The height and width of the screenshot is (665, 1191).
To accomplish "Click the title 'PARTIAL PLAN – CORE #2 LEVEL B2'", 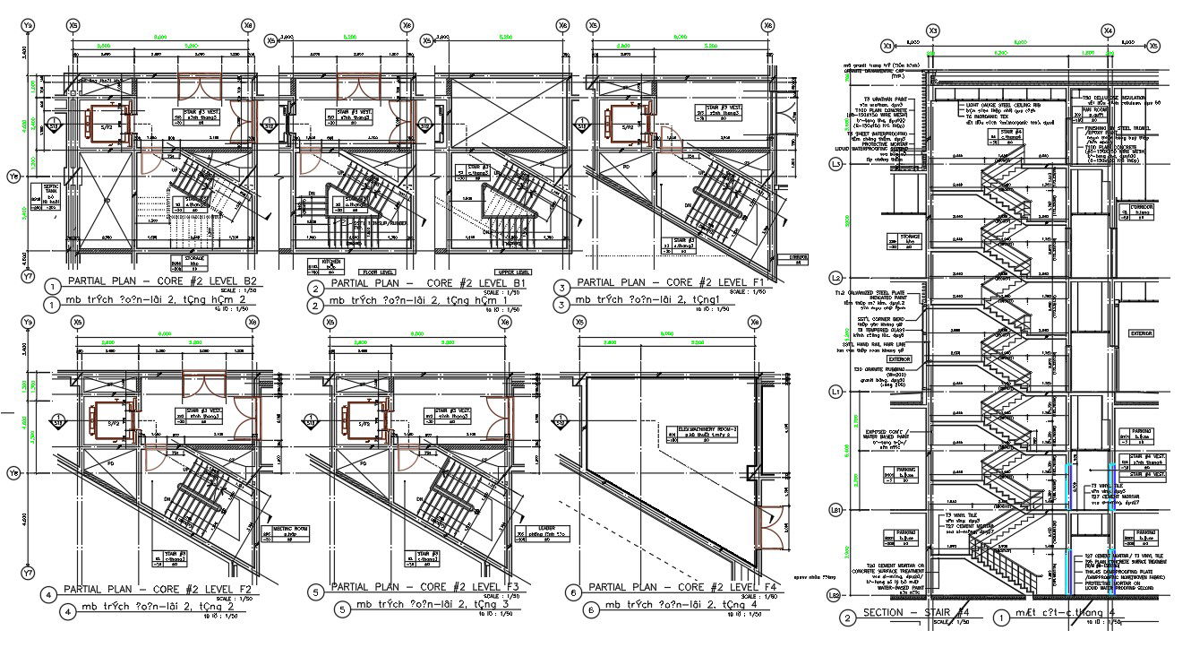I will (165, 282).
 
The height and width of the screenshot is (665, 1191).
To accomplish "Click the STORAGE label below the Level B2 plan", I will (190, 262).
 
